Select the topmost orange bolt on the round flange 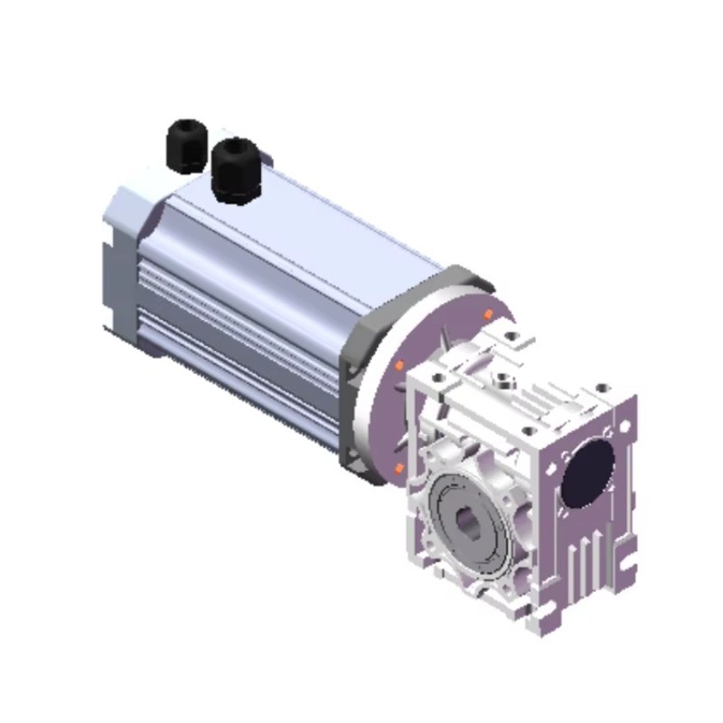[488, 314]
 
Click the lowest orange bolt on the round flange [399, 466]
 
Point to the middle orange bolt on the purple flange [399, 366]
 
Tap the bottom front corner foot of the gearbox [542, 619]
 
